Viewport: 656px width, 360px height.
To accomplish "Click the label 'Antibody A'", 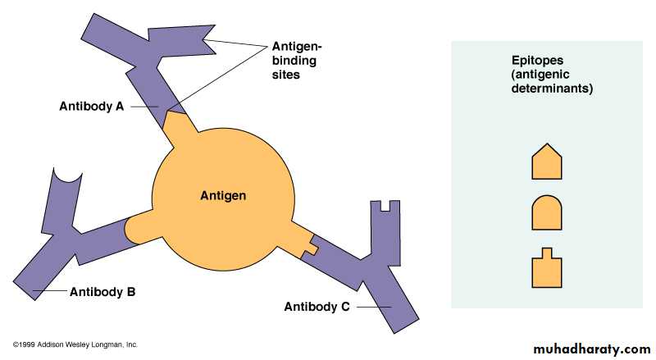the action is pos(92,107).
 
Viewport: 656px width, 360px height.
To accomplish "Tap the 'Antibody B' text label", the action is pos(102,292).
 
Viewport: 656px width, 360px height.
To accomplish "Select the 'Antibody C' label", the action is pos(317,307).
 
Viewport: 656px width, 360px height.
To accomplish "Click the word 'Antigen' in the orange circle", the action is pos(223,195).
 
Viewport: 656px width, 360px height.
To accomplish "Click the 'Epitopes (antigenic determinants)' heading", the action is pos(552,74).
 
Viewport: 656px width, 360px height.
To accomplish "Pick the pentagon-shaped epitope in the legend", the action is pos(547,162).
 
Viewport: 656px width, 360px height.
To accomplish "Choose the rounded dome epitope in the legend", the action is pos(547,212).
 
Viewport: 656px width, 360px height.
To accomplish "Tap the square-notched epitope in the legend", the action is pos(547,268).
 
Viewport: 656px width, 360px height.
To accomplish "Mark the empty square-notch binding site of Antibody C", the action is pos(385,205).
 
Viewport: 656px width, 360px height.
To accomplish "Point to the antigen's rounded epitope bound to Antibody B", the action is pos(140,230).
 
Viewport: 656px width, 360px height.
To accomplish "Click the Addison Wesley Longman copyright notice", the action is pos(75,345).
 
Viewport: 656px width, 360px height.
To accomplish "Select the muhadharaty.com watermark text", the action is pos(592,349).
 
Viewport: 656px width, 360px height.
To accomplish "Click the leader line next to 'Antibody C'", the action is pos(374,308).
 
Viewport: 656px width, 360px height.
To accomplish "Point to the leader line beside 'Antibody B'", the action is pos(50,290).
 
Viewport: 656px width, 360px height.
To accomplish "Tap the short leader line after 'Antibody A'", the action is pos(144,107).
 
